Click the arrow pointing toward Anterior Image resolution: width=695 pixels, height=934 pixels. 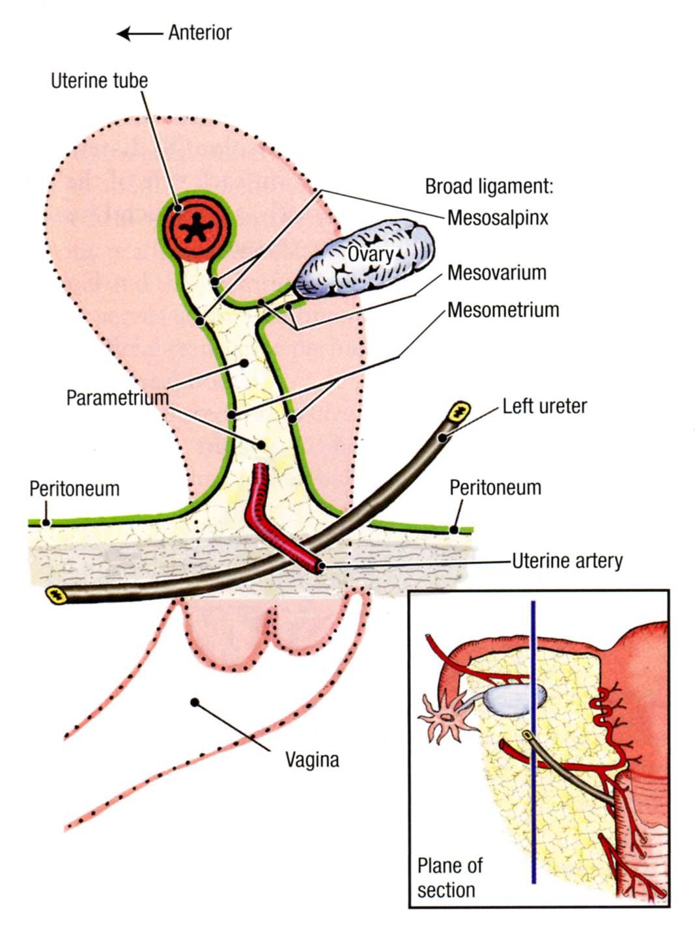tap(139, 33)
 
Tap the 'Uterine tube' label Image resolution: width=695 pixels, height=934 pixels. tap(99, 81)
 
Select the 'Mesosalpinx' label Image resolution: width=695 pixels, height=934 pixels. tap(498, 218)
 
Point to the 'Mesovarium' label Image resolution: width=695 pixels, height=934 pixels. tap(496, 272)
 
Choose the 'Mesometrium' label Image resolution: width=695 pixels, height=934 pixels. tap(503, 309)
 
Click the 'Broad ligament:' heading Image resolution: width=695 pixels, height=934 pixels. tap(489, 186)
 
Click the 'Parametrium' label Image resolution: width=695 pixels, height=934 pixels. tap(117, 397)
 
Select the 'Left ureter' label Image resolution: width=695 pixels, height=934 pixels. tap(544, 406)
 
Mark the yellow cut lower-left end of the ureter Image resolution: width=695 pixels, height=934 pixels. tap(57, 593)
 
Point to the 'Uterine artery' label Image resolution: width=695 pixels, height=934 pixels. tap(567, 561)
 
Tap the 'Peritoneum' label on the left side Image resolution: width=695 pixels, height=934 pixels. tap(74, 488)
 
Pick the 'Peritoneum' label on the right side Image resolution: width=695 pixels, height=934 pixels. tap(495, 487)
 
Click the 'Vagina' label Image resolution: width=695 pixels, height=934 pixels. tap(312, 759)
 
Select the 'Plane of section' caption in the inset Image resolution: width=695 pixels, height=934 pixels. tap(449, 877)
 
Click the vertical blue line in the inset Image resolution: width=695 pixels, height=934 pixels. tap(533, 782)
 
